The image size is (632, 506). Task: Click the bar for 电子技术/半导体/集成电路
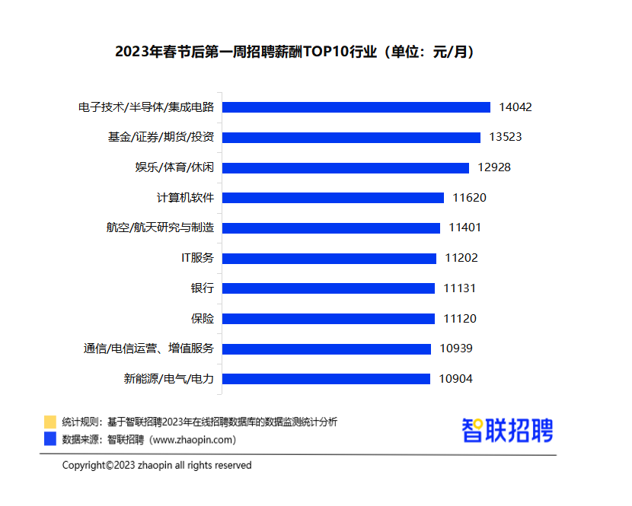(x=356, y=107)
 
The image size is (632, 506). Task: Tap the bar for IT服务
(x=330, y=258)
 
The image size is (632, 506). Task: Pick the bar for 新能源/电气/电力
(x=327, y=379)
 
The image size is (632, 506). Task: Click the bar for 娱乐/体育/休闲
(x=346, y=167)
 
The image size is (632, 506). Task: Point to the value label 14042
(x=515, y=107)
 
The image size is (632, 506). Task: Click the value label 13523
(x=506, y=138)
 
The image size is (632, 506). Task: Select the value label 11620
(x=469, y=198)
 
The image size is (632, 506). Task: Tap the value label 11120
(x=461, y=319)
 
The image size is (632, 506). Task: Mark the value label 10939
(x=456, y=348)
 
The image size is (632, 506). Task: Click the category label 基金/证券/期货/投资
(x=161, y=138)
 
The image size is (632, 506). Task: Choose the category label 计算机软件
(x=185, y=198)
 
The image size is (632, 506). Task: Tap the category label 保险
(x=203, y=319)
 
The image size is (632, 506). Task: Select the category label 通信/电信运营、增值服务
(x=148, y=348)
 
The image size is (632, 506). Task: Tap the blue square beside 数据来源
(x=50, y=439)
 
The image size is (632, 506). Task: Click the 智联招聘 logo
(x=507, y=431)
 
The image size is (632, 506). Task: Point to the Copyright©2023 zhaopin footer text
(x=157, y=465)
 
